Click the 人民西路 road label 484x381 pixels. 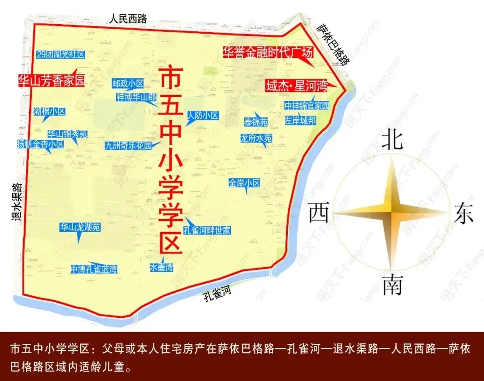(129, 18)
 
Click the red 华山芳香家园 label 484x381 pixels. (51, 81)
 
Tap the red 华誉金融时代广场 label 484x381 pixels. (268, 53)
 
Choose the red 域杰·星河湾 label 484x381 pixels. (296, 86)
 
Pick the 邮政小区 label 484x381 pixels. (128, 83)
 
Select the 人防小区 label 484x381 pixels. (203, 116)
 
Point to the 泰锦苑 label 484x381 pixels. (256, 122)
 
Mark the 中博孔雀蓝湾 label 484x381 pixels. (94, 269)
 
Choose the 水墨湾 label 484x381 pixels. (161, 268)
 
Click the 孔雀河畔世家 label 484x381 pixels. (207, 230)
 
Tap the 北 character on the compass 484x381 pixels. (392, 139)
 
